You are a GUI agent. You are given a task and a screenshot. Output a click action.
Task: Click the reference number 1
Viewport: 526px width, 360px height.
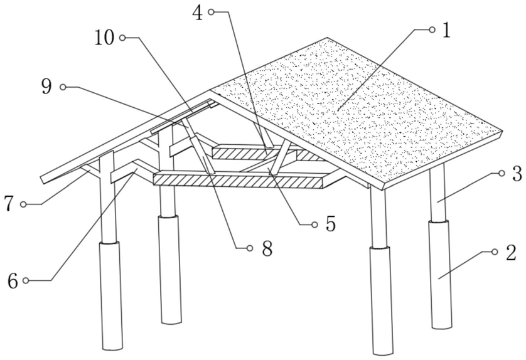[446, 31]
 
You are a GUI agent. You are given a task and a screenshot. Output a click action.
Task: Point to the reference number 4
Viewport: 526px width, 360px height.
[198, 13]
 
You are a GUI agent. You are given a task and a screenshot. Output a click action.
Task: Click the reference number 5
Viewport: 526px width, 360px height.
[330, 224]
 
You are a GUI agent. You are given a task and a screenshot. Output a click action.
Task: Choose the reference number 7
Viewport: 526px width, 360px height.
[9, 204]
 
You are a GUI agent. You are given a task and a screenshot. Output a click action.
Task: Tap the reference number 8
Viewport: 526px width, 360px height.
[267, 249]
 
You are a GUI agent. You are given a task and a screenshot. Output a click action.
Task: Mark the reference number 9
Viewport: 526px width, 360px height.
[46, 87]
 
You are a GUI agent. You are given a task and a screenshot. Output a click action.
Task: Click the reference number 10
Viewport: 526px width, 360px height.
[105, 38]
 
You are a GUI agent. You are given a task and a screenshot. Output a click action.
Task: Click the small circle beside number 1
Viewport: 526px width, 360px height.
[431, 29]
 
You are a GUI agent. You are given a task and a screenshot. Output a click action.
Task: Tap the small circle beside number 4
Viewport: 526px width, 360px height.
[212, 11]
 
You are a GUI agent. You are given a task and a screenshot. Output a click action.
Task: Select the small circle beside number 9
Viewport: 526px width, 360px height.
[63, 87]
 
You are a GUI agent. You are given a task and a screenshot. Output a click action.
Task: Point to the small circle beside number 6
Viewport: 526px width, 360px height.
[27, 280]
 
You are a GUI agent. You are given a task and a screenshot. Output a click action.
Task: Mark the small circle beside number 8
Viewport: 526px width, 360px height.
[250, 248]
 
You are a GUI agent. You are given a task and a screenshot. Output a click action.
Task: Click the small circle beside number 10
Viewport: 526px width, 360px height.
[122, 38]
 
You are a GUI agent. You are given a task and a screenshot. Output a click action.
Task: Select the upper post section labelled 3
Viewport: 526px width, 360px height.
[438, 191]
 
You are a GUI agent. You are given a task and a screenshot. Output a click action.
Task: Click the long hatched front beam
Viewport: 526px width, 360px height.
[239, 180]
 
